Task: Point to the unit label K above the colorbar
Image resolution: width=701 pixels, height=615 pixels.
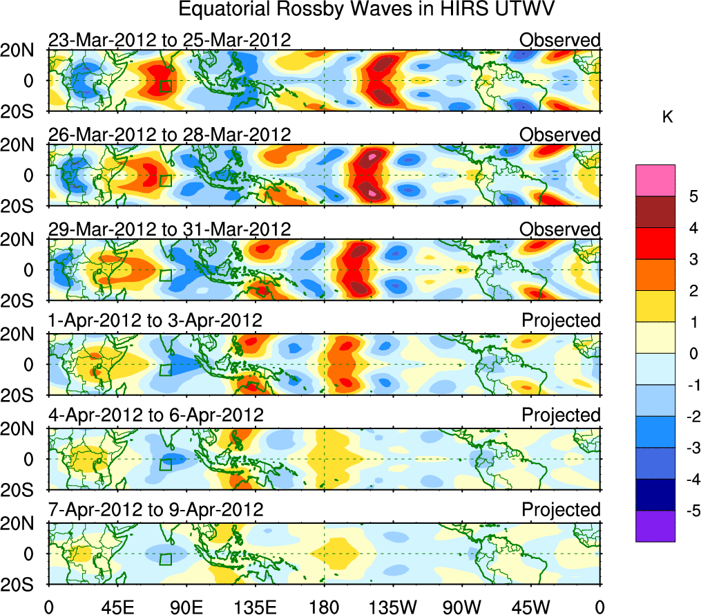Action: [667, 117]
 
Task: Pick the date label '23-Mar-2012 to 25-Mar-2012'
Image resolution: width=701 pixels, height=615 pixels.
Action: [169, 40]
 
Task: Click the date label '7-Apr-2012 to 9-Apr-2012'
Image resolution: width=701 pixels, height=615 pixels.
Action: [155, 510]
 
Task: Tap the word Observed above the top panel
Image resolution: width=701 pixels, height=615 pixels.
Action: [560, 40]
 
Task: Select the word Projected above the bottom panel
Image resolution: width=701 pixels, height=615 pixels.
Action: [561, 510]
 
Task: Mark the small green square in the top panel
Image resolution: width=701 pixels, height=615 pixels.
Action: [165, 86]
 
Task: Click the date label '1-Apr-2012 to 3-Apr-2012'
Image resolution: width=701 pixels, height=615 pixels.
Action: [155, 321]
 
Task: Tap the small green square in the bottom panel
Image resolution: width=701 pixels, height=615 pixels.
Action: [165, 559]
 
